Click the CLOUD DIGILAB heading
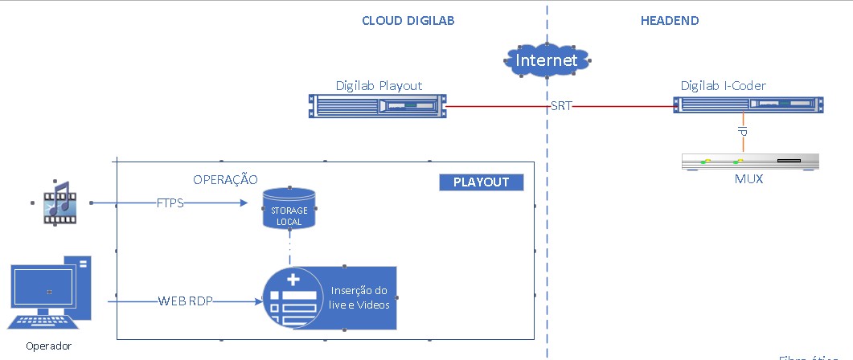pyautogui.click(x=408, y=21)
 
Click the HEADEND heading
pyautogui.click(x=669, y=21)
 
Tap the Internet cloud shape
pyautogui.click(x=547, y=60)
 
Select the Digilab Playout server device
pyautogui.click(x=377, y=106)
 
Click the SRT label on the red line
pyautogui.click(x=561, y=106)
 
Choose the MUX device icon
pyautogui.click(x=749, y=162)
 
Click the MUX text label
pyautogui.click(x=748, y=179)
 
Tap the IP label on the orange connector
pyautogui.click(x=744, y=131)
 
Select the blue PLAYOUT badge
pyautogui.click(x=482, y=182)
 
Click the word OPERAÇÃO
pyautogui.click(x=225, y=178)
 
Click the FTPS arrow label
pyautogui.click(x=170, y=203)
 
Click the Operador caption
pyautogui.click(x=48, y=346)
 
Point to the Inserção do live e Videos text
pyautogui.click(x=359, y=298)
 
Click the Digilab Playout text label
pyautogui.click(x=379, y=85)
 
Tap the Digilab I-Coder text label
pyautogui.click(x=723, y=85)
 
